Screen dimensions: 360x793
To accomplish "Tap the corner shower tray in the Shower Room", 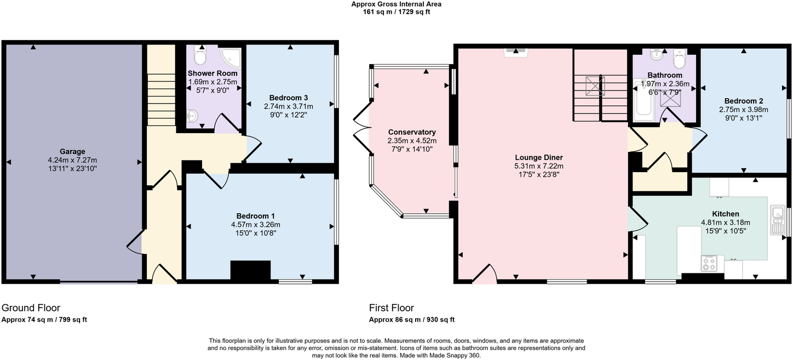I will (x=231, y=57).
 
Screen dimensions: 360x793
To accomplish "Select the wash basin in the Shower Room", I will (x=192, y=116).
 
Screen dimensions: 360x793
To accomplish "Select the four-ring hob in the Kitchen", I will (x=709, y=264).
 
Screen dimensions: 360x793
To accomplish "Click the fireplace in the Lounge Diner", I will (x=515, y=52).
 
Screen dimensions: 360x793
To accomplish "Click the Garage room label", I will (x=72, y=152).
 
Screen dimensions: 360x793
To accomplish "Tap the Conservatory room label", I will (x=412, y=132).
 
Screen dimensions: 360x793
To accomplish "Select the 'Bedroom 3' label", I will (x=288, y=98).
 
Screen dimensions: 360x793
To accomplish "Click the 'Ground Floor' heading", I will (x=31, y=308).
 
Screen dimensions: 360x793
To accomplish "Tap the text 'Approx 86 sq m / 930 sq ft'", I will (x=411, y=320).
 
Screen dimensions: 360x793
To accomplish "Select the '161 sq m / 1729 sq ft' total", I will (x=396, y=12).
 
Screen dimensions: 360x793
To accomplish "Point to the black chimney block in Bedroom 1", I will (x=250, y=271).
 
